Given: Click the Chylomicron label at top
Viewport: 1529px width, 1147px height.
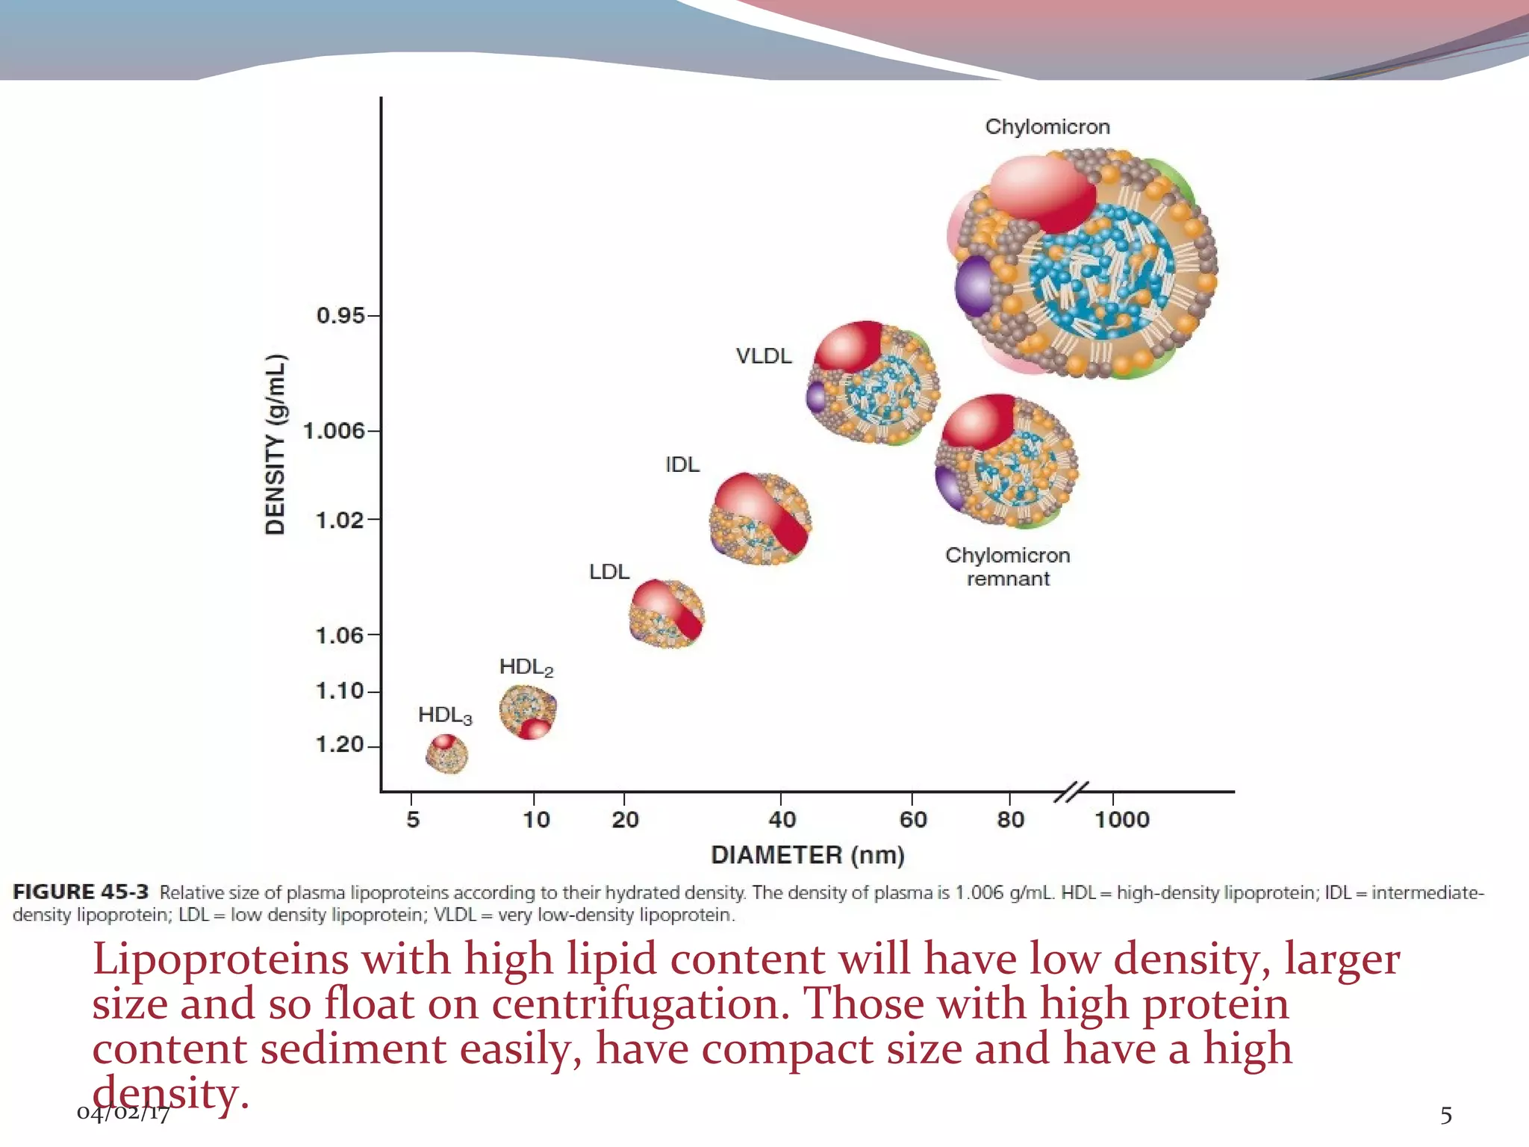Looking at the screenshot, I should [1047, 127].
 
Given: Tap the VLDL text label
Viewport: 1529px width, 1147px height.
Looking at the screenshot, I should [763, 356].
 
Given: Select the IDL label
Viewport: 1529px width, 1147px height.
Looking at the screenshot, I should [682, 464].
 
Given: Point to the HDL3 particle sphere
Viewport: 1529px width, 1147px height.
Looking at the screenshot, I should [446, 753].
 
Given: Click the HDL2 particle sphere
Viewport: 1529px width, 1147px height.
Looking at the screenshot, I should [528, 712].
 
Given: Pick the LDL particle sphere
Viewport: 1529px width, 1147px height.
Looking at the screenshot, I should [667, 614].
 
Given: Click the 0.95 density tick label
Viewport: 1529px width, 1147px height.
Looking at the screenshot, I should [340, 316].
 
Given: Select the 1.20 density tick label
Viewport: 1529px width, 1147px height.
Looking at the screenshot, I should [340, 745].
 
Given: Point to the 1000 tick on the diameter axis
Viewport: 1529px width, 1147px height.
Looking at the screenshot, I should [1121, 820].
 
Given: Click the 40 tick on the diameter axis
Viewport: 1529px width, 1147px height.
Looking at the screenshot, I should [782, 820].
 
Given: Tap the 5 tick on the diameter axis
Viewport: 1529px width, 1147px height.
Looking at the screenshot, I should [413, 820].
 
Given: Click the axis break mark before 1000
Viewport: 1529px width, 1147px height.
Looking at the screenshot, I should [1071, 792].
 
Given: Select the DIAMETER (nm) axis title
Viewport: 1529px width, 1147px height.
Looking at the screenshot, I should [807, 855].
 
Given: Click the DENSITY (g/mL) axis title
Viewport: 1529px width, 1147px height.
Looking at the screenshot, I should [275, 444].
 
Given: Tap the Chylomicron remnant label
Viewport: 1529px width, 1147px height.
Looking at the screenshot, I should [1007, 567].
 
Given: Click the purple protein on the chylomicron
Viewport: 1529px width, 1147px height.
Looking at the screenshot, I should [974, 285].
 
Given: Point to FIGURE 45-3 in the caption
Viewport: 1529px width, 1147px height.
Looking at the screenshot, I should [81, 892].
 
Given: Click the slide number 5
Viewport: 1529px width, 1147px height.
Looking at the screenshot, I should [1446, 1116].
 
